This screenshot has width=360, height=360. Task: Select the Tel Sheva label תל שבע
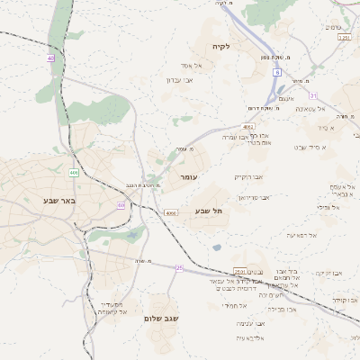tap(209, 211)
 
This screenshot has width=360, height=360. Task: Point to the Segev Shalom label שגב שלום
tap(162, 319)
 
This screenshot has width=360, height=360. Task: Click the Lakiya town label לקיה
tap(221, 46)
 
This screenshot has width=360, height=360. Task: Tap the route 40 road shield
tap(50, 58)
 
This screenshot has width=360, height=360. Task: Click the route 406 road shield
tap(73, 173)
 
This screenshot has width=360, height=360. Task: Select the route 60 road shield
tap(121, 205)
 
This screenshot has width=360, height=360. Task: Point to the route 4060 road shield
tap(171, 213)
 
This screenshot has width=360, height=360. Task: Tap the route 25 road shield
tap(179, 268)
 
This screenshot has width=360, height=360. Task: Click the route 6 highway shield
tap(278, 71)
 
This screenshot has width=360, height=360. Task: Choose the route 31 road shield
tap(312, 94)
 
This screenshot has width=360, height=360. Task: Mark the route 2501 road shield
tap(239, 270)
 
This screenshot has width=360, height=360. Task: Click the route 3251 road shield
tap(343, 38)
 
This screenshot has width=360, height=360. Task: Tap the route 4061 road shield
tap(247, 127)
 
